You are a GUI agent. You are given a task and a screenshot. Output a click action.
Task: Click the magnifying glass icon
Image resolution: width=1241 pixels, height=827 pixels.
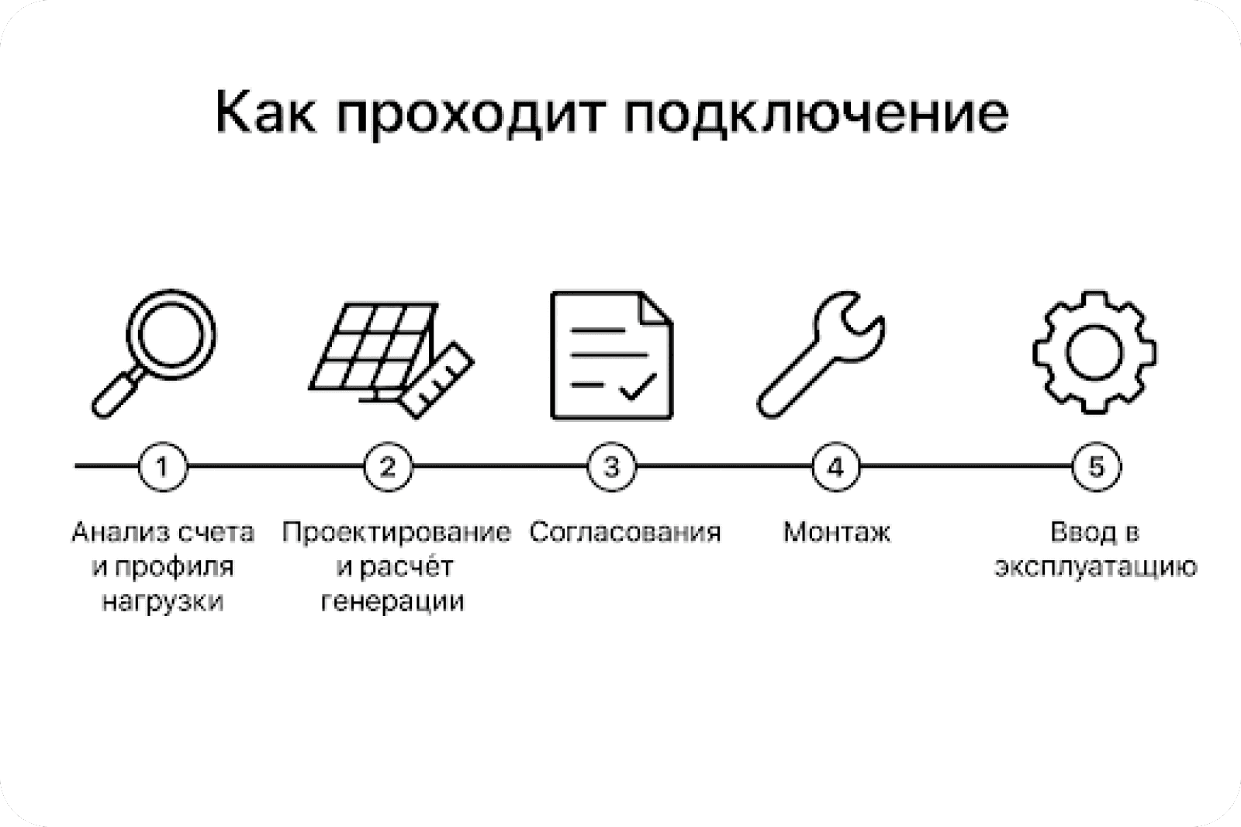(x=155, y=352)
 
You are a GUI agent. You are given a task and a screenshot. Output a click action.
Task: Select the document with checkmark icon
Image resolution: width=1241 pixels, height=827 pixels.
(x=611, y=355)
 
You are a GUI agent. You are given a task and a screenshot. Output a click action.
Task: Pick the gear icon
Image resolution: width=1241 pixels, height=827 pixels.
(x=1094, y=352)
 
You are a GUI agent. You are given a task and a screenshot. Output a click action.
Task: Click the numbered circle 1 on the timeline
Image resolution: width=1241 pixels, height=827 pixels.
(x=162, y=467)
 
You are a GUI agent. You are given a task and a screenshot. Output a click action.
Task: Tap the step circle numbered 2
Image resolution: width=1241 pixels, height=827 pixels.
(x=387, y=467)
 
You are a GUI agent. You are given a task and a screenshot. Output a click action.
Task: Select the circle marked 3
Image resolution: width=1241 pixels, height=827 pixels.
(x=611, y=467)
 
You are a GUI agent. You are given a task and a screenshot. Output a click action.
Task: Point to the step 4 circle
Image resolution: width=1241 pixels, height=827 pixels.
(x=835, y=467)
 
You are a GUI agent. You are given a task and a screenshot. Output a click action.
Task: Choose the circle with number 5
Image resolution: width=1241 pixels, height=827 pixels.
(x=1095, y=467)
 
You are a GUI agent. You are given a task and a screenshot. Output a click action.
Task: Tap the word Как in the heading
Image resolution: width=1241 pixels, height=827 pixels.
(x=264, y=113)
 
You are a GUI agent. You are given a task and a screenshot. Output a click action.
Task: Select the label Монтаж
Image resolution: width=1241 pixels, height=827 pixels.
(x=836, y=532)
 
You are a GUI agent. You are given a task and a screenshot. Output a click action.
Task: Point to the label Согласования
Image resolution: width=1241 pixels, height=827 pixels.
(x=625, y=532)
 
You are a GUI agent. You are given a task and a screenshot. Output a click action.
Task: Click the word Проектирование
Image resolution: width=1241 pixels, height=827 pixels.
(x=396, y=532)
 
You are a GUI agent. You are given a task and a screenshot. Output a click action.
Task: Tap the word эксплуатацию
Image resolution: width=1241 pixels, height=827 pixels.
(x=1095, y=567)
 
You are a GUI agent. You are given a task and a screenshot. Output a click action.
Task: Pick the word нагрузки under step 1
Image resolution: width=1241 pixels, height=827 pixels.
(x=162, y=602)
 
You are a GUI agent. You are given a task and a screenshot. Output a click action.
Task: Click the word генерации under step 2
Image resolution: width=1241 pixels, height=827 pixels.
(x=392, y=602)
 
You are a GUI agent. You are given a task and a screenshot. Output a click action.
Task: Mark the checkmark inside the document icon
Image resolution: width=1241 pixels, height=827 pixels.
(x=638, y=386)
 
